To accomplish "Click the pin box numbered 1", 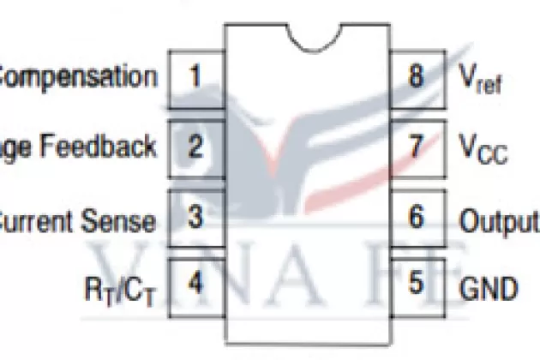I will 195,77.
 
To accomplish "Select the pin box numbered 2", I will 195,147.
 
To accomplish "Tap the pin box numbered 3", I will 195,217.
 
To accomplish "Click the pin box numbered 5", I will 417,284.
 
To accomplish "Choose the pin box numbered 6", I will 417,217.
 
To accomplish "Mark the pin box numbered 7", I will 417,147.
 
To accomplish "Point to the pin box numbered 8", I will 417,77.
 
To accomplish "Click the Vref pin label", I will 481,80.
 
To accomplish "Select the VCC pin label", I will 483,151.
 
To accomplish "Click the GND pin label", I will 489,287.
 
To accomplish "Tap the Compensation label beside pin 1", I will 79,77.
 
